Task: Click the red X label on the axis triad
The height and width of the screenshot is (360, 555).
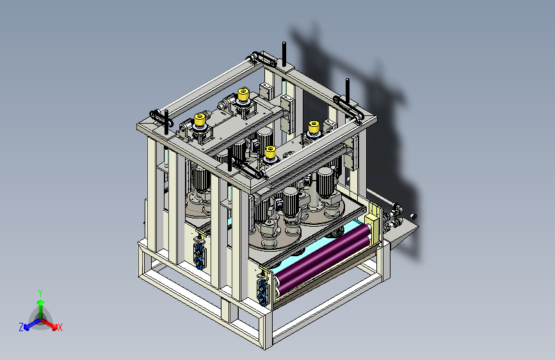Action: (60, 328)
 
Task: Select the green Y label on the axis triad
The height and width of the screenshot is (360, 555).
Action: (40, 293)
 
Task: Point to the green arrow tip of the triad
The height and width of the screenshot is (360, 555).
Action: (41, 303)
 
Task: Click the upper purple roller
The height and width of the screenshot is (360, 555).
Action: (321, 250)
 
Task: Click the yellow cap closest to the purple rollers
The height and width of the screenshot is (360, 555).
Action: (270, 152)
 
